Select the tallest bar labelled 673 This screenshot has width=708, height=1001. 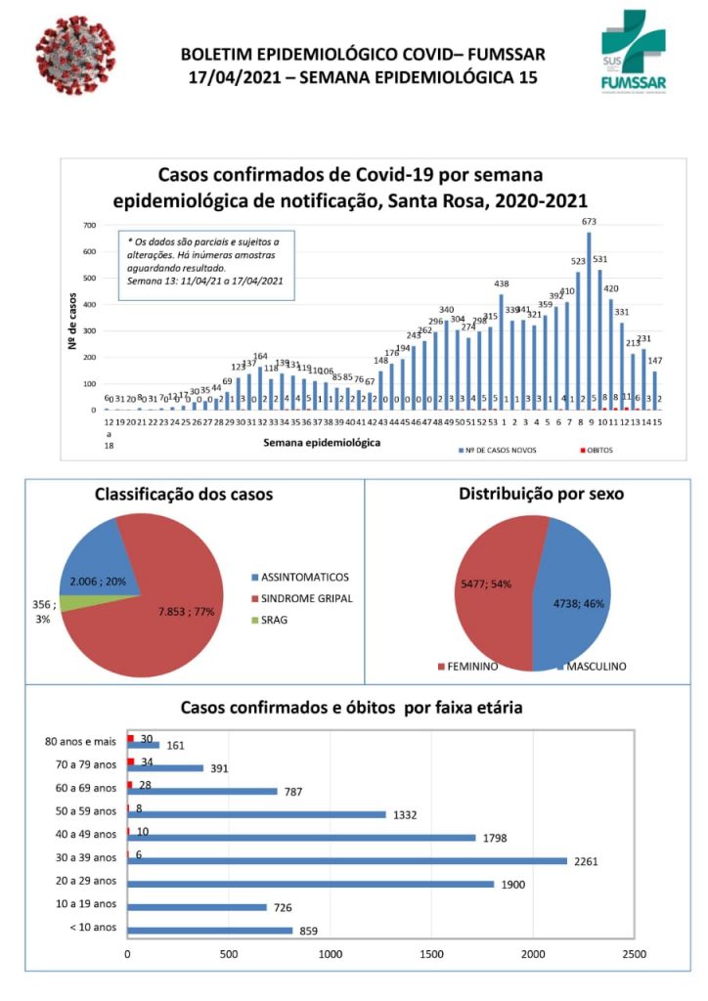tap(589, 323)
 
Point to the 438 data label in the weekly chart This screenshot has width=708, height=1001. tap(501, 283)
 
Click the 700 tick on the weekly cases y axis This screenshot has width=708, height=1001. tap(89, 226)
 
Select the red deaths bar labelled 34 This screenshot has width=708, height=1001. tap(131, 762)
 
